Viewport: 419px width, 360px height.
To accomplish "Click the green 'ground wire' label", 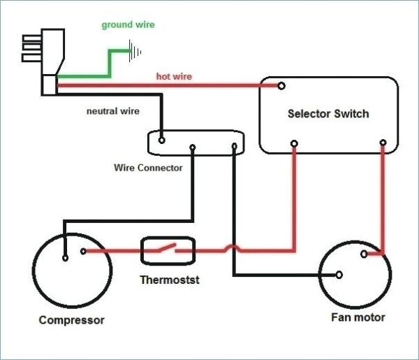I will (x=128, y=25).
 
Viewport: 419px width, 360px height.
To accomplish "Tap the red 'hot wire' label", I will (x=175, y=76).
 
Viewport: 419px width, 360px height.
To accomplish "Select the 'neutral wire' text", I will (x=112, y=111).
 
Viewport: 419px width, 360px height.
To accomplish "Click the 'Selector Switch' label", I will (x=328, y=113).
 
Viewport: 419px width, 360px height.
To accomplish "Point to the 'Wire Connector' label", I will (x=148, y=168).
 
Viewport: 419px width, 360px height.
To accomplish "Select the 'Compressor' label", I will (x=72, y=321).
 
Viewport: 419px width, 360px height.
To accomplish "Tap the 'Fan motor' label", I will (x=358, y=318).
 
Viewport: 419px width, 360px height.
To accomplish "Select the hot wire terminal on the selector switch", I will (x=281, y=87).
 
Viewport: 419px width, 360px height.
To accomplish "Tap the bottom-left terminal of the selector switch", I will (x=294, y=144).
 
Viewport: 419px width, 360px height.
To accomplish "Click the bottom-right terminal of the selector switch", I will (x=383, y=143).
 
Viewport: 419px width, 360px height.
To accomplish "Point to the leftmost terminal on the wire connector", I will (x=162, y=140).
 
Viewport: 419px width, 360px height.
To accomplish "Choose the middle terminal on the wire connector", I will (x=193, y=147).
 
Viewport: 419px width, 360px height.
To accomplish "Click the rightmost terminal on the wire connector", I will (x=235, y=147).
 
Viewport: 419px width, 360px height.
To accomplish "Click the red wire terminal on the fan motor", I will (x=363, y=256).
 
